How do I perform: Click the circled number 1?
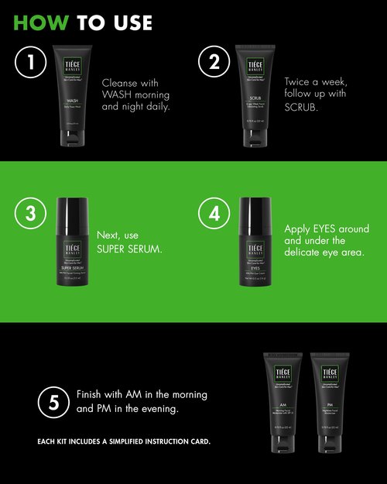click(29, 64)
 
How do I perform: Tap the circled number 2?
click(211, 64)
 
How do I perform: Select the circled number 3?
click(29, 215)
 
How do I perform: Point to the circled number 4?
click(211, 215)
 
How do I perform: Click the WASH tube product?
click(74, 96)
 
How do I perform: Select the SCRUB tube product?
click(255, 96)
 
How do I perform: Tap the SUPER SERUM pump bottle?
click(74, 244)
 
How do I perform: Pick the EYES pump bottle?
click(255, 244)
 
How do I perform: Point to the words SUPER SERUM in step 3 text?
click(129, 249)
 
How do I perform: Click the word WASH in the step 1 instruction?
click(119, 94)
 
